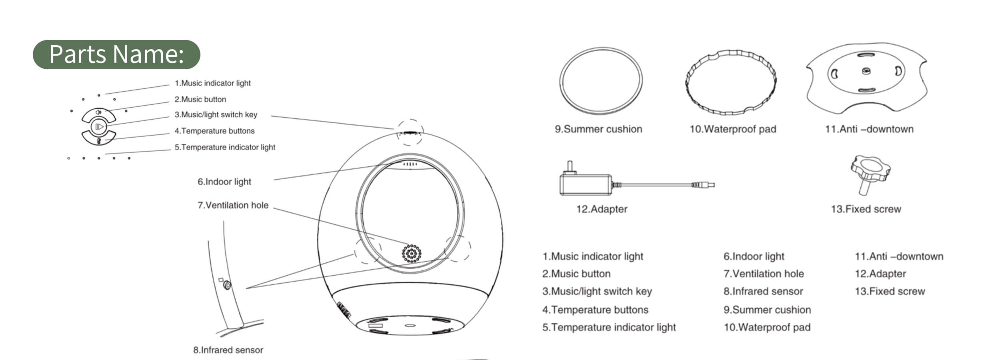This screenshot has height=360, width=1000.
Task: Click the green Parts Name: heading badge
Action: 116,54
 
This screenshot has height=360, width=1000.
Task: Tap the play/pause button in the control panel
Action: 99,127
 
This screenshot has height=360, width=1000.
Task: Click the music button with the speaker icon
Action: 99,114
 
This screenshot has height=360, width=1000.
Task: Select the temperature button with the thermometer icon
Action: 99,138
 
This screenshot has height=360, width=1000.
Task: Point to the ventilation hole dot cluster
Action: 412,254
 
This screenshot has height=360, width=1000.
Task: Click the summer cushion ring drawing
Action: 601,81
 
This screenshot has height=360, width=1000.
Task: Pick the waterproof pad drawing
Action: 731,82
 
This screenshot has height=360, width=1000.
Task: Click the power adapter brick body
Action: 585,184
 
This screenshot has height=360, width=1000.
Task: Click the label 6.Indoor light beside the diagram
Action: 224,182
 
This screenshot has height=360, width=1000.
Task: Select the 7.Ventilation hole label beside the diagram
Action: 233,205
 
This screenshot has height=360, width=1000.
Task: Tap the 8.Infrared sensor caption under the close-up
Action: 228,350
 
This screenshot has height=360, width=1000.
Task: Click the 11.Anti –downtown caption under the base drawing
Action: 869,129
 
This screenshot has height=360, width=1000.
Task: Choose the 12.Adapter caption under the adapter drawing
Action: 602,209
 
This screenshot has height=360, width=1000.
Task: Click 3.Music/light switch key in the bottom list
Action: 597,292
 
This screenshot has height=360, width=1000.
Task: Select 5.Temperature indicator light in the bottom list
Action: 609,327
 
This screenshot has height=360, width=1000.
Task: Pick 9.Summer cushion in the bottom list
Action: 767,310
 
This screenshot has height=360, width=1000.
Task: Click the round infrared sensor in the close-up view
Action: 227,285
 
